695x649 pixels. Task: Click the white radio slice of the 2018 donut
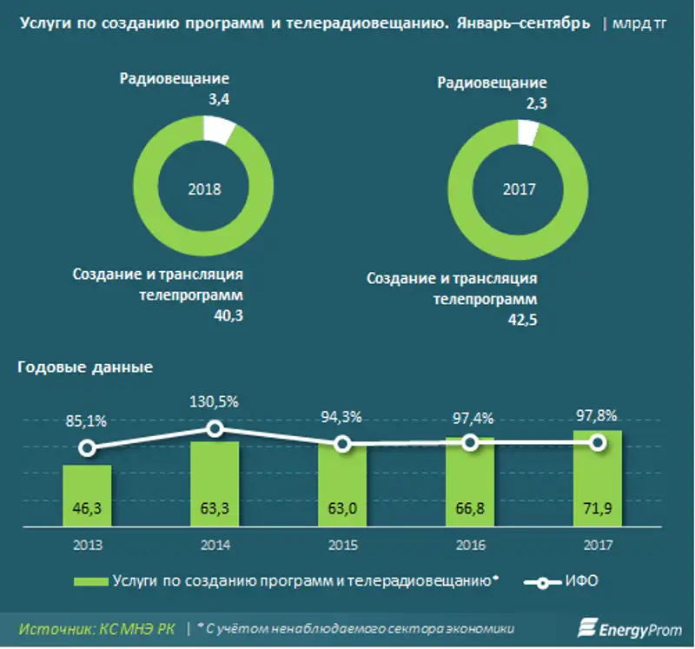tap(218, 131)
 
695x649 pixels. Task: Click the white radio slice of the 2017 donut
tap(527, 132)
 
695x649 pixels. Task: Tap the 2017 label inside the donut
tap(520, 189)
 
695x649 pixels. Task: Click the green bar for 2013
tap(87, 495)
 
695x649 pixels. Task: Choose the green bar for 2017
tap(598, 478)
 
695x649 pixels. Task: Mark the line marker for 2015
tap(342, 444)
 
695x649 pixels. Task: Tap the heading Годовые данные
tap(85, 367)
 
